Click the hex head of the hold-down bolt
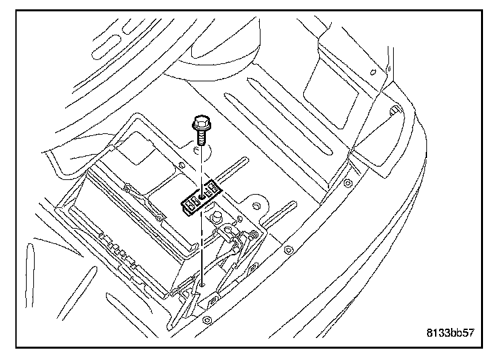199,123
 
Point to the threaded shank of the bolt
201,139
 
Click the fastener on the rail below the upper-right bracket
347,183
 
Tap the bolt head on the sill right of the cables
288,251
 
